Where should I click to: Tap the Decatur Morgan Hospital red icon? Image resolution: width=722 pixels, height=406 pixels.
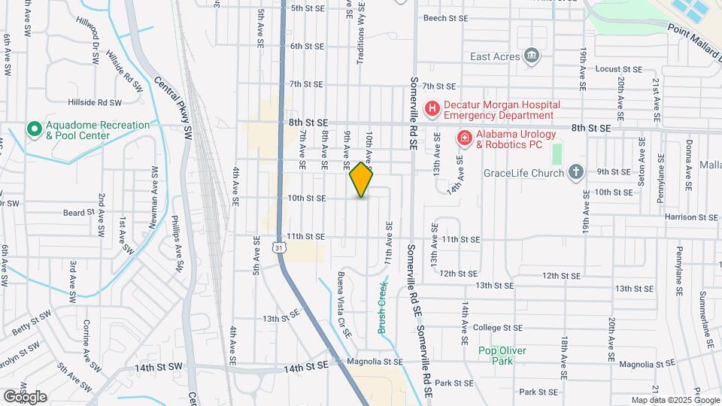coord(432,109)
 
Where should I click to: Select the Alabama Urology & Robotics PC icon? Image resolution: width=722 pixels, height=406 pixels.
coord(465,138)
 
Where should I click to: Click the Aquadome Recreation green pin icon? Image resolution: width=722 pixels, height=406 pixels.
coord(34,129)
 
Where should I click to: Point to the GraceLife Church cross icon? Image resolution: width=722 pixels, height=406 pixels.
coord(576,173)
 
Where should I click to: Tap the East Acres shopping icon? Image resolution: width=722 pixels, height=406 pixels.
coord(532,56)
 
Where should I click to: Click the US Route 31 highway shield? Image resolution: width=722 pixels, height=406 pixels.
coord(279,247)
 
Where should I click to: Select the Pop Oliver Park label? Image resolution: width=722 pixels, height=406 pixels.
coord(502,356)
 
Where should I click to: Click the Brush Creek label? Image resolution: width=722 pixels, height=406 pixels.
coord(382,298)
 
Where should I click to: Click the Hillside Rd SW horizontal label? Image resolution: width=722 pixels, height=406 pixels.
coord(95,102)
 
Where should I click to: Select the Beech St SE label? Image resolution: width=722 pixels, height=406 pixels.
coord(446,17)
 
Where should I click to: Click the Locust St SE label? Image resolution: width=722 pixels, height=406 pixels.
coord(618,68)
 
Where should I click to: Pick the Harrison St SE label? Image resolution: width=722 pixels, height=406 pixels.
coord(692,217)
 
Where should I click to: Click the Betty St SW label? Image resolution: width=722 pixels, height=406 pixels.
coord(31,326)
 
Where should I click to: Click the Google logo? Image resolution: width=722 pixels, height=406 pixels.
coord(24,396)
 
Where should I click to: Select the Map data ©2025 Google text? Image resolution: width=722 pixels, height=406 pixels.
coord(675,400)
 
